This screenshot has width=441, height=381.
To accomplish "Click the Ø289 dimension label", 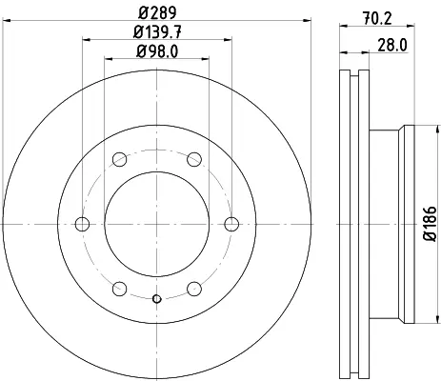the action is pyautogui.click(x=157, y=12).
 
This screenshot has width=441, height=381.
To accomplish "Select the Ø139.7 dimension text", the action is pyautogui.click(x=157, y=32).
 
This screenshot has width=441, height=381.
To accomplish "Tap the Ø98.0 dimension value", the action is pyautogui.click(x=157, y=51).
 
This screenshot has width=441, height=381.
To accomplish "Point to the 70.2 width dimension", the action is pyautogui.click(x=377, y=19).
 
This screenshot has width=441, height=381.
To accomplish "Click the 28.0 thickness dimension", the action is pyautogui.click(x=392, y=46).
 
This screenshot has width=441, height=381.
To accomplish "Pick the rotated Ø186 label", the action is pyautogui.click(x=431, y=223).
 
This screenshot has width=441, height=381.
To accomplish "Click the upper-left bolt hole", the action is pyautogui.click(x=120, y=159).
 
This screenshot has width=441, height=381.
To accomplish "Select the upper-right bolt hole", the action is pyautogui.click(x=194, y=159).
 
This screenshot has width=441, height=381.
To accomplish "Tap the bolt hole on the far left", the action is pyautogui.click(x=82, y=224).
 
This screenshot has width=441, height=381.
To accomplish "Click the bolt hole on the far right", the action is pyautogui.click(x=231, y=224).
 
